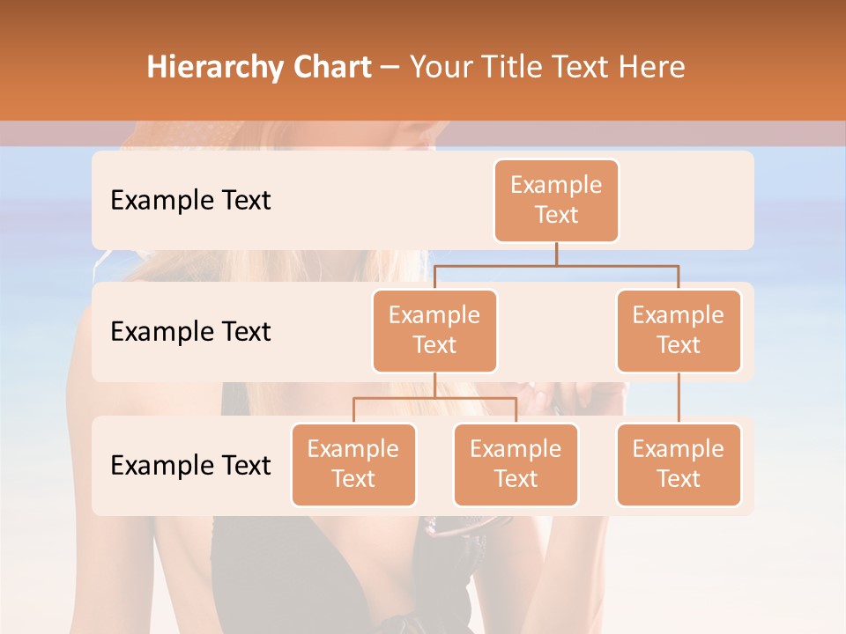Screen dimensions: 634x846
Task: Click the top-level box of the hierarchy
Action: [x=556, y=200]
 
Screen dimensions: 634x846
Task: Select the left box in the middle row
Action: [x=434, y=330]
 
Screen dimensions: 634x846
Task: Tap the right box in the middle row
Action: [x=679, y=330]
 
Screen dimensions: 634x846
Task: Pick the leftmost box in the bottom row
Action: [x=353, y=464]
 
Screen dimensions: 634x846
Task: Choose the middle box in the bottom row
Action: [x=516, y=464]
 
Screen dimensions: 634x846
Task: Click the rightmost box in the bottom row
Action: [x=679, y=464]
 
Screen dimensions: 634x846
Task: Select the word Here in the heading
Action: [x=652, y=68]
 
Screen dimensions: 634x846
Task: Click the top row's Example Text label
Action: [x=190, y=200]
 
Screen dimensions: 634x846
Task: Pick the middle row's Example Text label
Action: [x=190, y=331]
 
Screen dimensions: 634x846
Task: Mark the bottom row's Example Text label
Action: [x=190, y=465]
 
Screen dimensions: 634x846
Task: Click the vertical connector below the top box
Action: [x=556, y=254]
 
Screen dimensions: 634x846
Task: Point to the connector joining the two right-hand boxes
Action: [x=679, y=397]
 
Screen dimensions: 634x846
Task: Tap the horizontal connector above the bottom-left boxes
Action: [x=434, y=398]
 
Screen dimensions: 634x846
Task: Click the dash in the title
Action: [x=390, y=69]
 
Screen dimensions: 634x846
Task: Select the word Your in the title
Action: [x=440, y=68]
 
